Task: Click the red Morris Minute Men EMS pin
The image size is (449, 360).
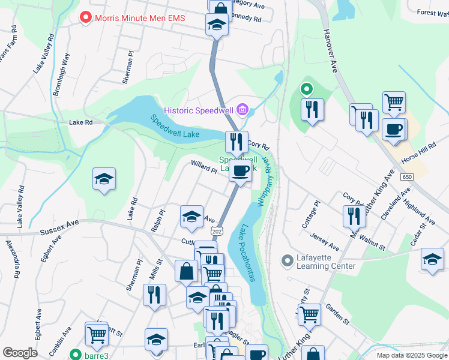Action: pos(86,18)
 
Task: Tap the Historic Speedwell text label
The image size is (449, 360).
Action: pos(199,110)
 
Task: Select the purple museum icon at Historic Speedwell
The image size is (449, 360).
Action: pos(243,110)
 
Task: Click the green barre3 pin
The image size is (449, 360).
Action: pos(74,353)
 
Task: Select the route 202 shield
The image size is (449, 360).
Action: pos(217,232)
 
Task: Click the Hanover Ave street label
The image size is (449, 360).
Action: pos(331,52)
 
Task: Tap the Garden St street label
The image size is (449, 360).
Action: pos(337,314)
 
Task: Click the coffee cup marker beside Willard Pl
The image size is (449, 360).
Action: pos(241,170)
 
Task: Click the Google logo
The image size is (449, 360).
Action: pos(20,353)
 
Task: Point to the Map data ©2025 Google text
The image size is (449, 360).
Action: pos(411,355)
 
